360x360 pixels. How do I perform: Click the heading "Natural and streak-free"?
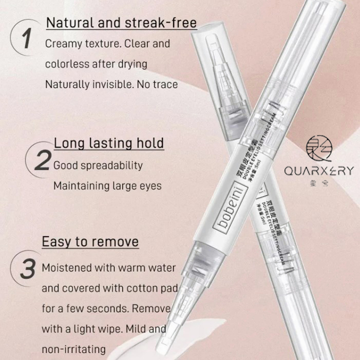coord(122,23)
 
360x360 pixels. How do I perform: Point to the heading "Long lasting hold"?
coord(109,143)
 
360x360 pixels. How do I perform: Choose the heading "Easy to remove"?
coord(90,241)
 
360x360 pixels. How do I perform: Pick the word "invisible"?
coord(117,84)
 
